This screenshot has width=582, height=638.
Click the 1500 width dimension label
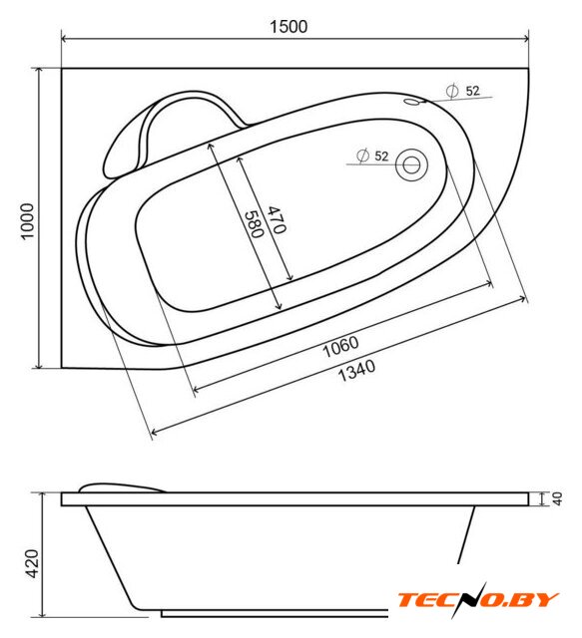[x=289, y=27]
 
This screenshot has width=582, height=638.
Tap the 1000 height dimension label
[x=28, y=221]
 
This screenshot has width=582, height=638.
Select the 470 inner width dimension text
[x=277, y=219]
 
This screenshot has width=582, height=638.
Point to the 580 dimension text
[x=255, y=223]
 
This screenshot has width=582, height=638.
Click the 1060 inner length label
[x=340, y=347]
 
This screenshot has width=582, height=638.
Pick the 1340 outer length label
[x=356, y=370]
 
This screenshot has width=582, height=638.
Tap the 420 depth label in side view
[x=33, y=563]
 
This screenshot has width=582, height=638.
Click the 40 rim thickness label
[x=558, y=498]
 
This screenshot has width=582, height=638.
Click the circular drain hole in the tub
[x=411, y=164]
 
